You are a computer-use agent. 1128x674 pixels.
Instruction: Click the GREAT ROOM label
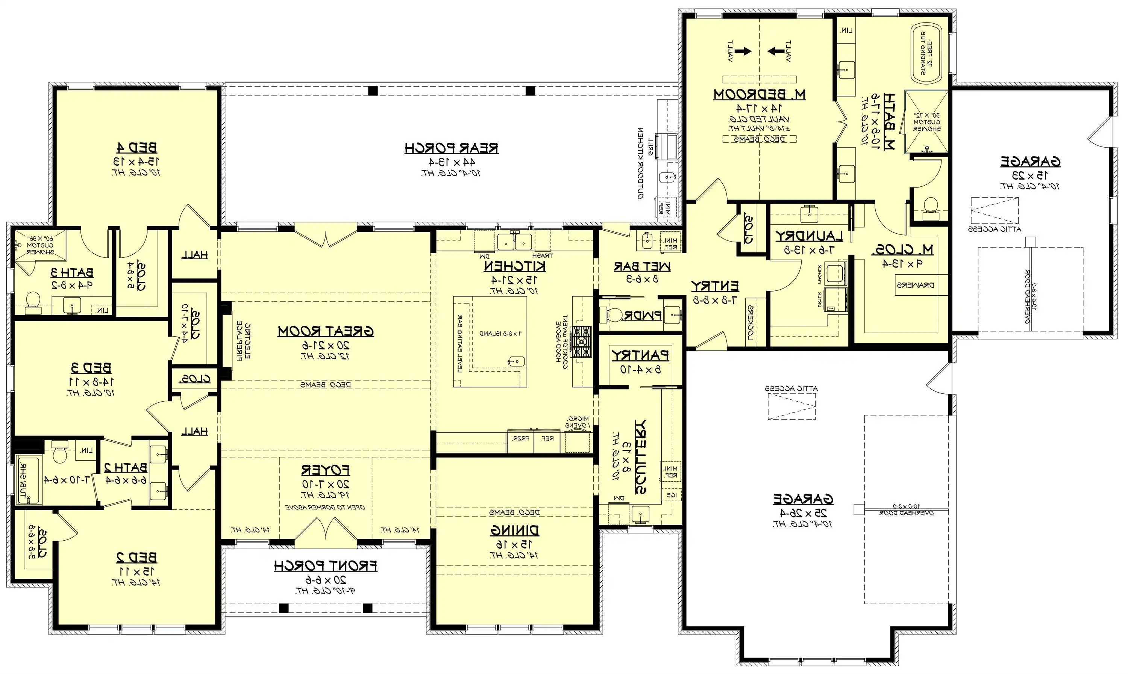325,331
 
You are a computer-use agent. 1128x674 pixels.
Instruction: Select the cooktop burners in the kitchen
581,341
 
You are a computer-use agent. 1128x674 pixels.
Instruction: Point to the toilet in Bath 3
33,301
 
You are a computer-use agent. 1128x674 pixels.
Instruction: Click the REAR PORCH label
451,148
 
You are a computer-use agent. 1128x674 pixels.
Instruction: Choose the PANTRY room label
640,355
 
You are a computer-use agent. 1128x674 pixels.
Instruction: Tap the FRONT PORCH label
325,566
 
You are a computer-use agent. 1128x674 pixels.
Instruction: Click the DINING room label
514,530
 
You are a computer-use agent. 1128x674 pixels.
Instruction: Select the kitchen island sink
516,361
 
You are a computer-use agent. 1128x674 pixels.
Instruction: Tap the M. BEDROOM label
759,94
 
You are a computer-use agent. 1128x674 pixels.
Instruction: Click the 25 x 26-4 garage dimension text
803,513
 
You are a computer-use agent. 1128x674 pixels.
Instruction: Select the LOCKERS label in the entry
750,322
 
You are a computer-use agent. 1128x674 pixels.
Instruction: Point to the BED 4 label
136,148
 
